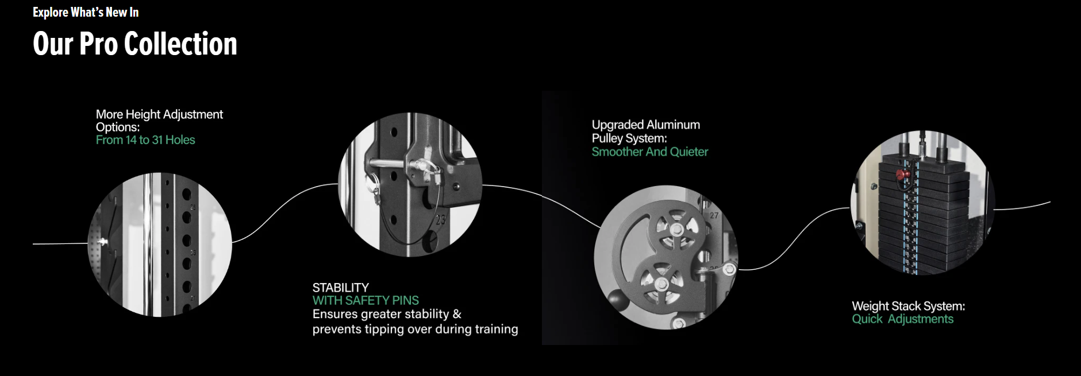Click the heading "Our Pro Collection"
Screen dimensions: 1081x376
(x=135, y=44)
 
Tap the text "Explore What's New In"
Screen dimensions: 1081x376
(x=86, y=12)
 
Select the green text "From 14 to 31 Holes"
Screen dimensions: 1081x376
(x=145, y=140)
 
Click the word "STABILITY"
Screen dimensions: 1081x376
(x=341, y=288)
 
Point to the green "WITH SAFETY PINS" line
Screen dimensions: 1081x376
(x=366, y=300)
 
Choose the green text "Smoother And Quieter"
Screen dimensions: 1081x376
(x=650, y=152)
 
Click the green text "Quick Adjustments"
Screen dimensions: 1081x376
(x=902, y=319)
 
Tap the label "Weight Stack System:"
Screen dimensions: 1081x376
(x=908, y=306)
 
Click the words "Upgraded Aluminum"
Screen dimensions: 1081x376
(x=646, y=125)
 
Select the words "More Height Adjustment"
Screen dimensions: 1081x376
(x=159, y=114)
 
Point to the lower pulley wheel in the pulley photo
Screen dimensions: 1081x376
(x=661, y=284)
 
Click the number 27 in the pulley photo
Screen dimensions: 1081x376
(x=714, y=216)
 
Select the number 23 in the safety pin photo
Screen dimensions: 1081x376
(x=440, y=219)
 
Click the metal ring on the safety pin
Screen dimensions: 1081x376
(x=374, y=184)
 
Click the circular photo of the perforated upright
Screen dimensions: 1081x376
(x=160, y=245)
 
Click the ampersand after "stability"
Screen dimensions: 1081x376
(x=457, y=314)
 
